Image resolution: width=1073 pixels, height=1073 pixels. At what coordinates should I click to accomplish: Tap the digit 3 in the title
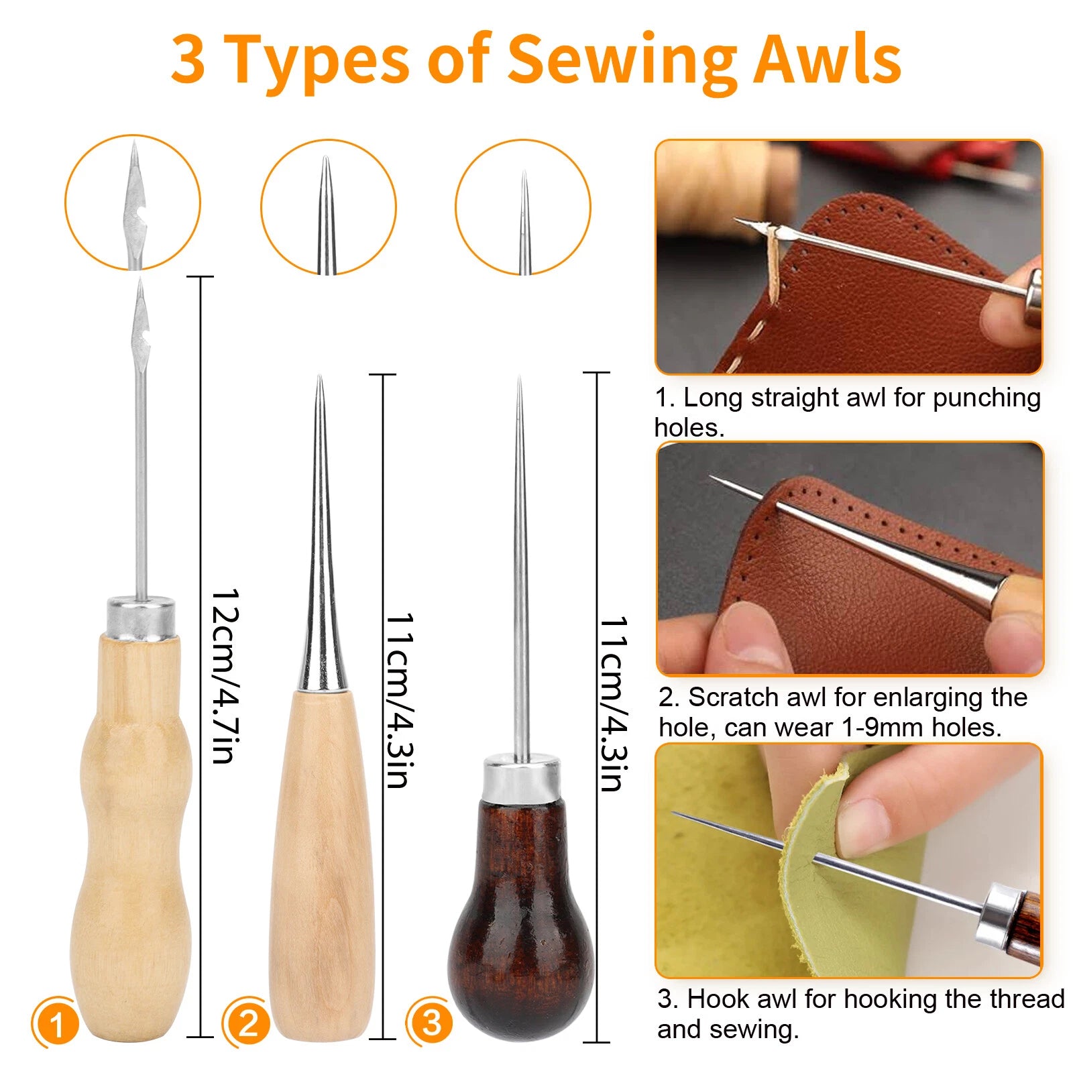tap(188, 59)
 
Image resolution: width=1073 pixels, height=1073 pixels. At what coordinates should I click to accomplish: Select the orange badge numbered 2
tap(247, 1023)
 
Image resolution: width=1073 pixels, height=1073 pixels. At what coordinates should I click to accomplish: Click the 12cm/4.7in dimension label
tap(225, 676)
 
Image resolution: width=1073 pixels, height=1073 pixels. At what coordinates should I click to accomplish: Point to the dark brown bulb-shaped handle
tap(520, 919)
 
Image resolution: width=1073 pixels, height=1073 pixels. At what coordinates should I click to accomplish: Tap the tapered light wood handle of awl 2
tap(322, 865)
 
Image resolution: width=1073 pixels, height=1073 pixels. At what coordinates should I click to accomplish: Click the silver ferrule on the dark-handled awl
tap(521, 778)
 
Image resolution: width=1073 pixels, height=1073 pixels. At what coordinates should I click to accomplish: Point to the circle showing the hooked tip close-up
tap(133, 203)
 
